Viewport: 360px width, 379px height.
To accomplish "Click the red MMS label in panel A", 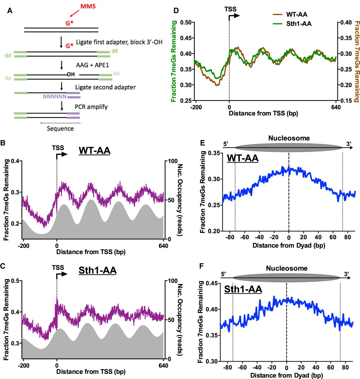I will tap(88, 6).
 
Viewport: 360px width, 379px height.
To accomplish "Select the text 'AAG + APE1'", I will tap(92, 65).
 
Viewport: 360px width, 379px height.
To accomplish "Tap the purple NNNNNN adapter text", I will tap(55, 97).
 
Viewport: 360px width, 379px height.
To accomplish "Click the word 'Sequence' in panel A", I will tap(60, 129).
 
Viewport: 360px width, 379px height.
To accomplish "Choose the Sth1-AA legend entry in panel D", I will tap(292, 24).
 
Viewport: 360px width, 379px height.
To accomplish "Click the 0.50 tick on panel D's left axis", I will tap(186, 23).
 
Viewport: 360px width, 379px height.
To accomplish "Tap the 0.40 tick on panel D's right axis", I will tap(345, 23).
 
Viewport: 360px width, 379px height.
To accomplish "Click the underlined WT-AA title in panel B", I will tap(94, 150).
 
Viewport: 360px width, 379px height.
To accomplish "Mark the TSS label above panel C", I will tap(58, 267).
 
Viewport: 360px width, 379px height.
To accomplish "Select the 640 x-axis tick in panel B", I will tap(163, 246).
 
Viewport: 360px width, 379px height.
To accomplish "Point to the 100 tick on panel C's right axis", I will tap(173, 281).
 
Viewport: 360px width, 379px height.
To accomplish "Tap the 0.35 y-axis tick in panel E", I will tap(214, 153).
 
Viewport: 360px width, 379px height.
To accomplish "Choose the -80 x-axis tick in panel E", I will tap(229, 237).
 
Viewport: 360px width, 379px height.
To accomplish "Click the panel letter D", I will tap(176, 11).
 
